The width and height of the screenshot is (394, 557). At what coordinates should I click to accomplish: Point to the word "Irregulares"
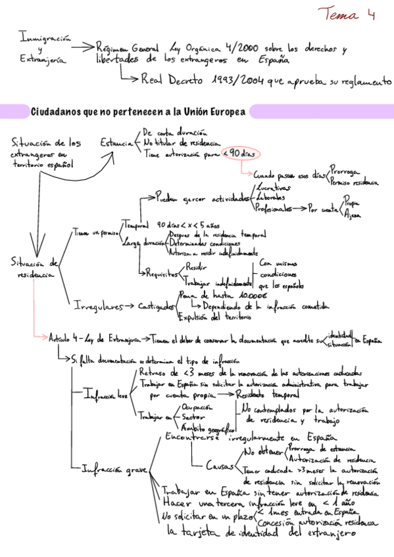point(97,305)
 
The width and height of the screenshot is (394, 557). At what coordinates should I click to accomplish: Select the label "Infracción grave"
point(114,470)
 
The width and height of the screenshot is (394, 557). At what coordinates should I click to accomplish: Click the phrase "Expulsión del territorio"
point(214,317)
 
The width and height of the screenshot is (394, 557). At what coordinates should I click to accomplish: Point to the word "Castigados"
point(157,306)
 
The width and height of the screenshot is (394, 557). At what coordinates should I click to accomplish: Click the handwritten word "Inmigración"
point(45,37)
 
